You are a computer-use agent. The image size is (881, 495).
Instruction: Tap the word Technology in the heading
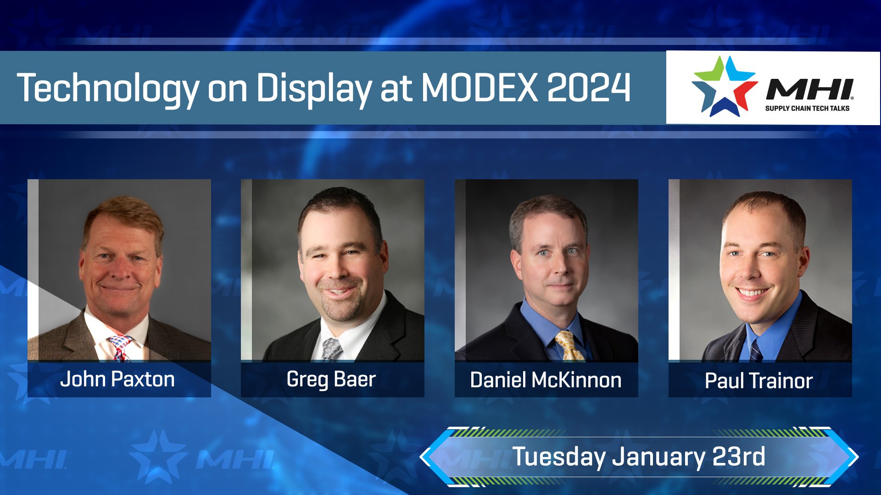point(108,88)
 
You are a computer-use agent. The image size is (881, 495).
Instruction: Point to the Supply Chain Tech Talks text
point(807,109)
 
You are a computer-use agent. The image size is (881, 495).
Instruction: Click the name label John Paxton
point(117,379)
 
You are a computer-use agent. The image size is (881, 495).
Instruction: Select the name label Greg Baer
point(331,379)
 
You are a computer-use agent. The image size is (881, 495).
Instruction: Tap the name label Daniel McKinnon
point(546,380)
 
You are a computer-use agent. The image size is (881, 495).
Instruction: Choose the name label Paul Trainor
point(759,381)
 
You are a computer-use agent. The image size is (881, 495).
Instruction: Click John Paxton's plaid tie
point(120,347)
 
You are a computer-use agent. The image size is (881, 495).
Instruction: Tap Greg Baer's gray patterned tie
point(331,349)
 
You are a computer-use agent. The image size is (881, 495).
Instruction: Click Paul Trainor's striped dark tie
point(756,352)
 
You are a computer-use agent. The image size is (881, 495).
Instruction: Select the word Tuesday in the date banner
point(559,457)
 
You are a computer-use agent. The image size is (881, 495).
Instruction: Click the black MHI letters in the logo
point(810,89)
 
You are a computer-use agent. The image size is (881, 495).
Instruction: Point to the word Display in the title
point(314,88)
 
